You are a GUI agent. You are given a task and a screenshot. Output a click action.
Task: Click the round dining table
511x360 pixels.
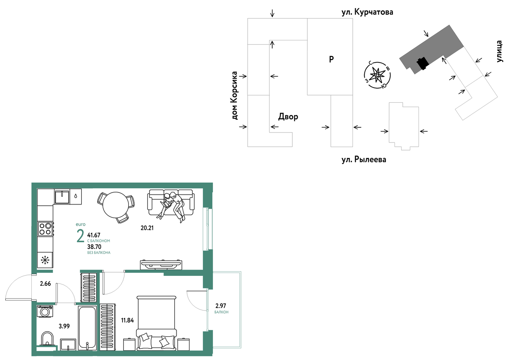tap(115, 205)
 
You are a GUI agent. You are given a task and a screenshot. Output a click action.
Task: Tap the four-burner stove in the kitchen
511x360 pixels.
tap(45, 229)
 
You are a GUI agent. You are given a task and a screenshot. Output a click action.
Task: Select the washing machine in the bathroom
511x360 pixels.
tap(45, 311)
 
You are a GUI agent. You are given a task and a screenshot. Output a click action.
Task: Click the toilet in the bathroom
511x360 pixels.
tap(47, 339)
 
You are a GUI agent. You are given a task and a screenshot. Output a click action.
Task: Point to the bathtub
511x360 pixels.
tap(87, 328)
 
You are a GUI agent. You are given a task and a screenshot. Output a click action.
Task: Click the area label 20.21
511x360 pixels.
tap(147, 228)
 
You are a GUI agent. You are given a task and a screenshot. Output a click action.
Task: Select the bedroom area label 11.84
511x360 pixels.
tap(127, 320)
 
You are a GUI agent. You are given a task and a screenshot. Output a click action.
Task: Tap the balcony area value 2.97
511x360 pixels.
tap(221, 306)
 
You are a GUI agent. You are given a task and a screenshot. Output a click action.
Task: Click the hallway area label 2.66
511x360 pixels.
tap(45, 284)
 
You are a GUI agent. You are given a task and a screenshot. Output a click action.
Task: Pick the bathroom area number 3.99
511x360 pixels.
tap(64, 326)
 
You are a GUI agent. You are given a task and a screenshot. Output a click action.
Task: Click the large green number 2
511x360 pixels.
tap(80, 236)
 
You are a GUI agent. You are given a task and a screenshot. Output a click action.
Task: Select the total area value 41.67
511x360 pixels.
tap(94, 235)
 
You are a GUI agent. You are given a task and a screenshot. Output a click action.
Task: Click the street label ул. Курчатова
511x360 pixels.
tap(367, 12)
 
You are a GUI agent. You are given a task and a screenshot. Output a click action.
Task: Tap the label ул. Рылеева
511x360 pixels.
tap(364, 159)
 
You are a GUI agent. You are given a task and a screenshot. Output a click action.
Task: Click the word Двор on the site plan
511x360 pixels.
tap(288, 117)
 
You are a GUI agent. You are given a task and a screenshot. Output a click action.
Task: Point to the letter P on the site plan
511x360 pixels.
tap(331, 59)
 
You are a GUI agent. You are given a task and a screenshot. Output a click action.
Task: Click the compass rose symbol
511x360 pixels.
tap(377, 75)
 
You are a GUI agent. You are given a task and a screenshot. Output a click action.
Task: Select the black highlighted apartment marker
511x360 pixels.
tap(422, 63)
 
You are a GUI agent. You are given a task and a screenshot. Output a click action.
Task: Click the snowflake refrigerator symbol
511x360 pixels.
tap(45, 260)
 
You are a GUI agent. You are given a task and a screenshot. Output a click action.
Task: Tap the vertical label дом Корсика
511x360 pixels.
tap(234, 95)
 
